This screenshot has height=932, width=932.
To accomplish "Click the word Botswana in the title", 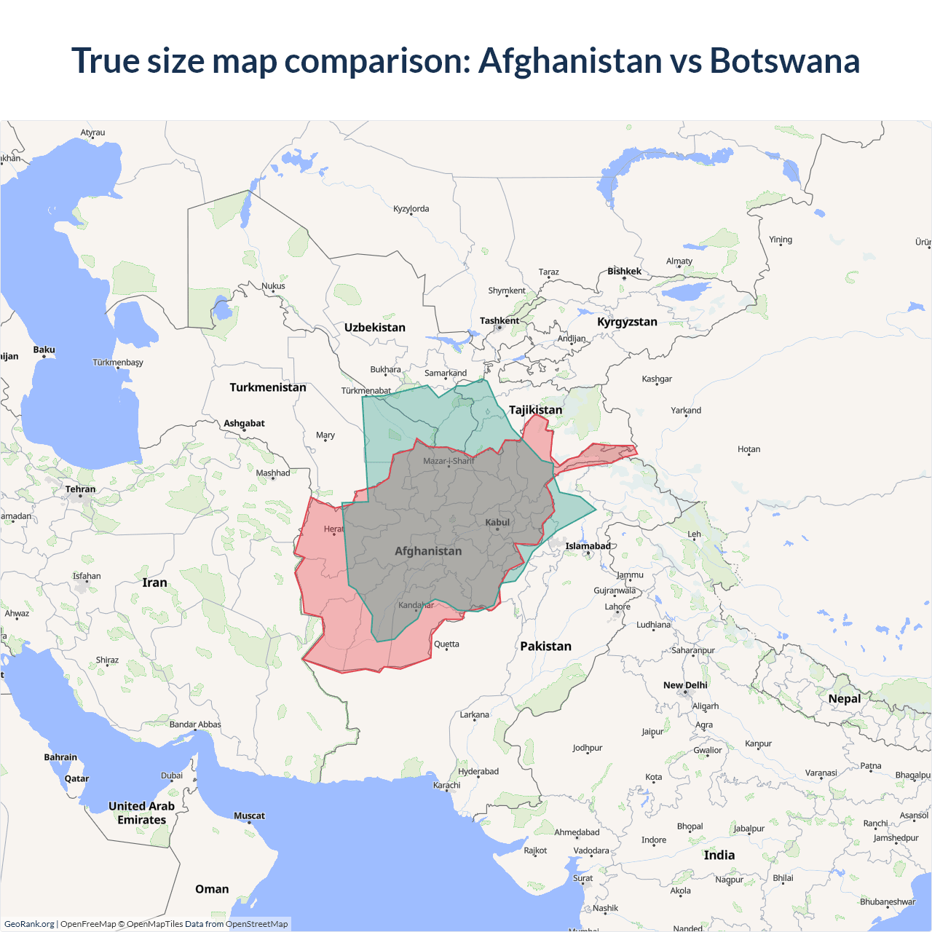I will [784, 60].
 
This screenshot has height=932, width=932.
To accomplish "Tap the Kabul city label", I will [497, 522].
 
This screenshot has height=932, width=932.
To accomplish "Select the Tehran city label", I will [80, 489].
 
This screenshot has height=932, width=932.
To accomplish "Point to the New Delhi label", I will [685, 685].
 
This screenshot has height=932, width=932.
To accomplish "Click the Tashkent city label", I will [499, 320].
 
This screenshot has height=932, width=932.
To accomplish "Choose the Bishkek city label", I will [625, 271].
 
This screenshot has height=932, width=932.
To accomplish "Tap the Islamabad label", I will [588, 546].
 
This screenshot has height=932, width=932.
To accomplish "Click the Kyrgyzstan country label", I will [627, 322].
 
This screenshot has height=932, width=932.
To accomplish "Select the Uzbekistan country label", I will [374, 328].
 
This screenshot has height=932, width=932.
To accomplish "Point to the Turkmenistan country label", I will [268, 387].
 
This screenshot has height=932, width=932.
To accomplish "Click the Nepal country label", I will [845, 699].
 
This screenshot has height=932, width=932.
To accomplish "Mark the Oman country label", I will [212, 889].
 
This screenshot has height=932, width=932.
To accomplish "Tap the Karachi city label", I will [446, 785].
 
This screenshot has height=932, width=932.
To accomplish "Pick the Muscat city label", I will [249, 815].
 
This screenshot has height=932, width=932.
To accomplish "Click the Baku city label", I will [44, 349].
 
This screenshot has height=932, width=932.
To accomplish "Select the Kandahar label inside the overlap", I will [416, 605].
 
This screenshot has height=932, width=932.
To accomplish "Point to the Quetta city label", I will [446, 644].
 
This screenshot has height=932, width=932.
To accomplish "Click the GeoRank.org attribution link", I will [29, 924].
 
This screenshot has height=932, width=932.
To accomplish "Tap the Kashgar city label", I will [657, 379].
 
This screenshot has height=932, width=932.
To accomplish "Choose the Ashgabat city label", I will [244, 423].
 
